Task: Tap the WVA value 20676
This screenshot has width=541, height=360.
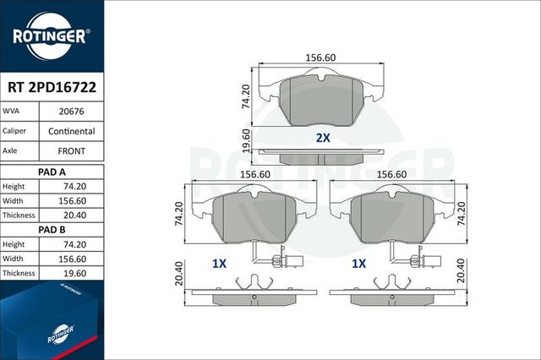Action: (x=71, y=111)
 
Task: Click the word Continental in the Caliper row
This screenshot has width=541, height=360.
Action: (x=71, y=132)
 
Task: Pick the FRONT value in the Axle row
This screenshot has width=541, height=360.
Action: (x=71, y=151)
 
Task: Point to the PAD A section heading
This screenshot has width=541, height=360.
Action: (x=51, y=171)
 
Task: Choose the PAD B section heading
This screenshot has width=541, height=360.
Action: (x=51, y=229)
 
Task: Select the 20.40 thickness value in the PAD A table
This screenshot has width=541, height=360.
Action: (x=71, y=215)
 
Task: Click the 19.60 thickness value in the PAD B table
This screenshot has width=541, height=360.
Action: (x=71, y=273)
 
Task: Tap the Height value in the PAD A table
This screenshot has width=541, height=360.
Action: (x=71, y=186)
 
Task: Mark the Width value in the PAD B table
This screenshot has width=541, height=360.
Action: (x=71, y=259)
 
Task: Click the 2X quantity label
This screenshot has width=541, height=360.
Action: (x=322, y=138)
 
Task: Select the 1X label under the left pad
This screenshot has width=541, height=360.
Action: (x=220, y=264)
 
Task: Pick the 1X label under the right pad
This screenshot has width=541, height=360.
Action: (x=358, y=264)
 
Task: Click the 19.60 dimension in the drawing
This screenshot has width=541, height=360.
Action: (x=246, y=139)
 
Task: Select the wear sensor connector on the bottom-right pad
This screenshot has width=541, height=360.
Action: (x=420, y=261)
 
